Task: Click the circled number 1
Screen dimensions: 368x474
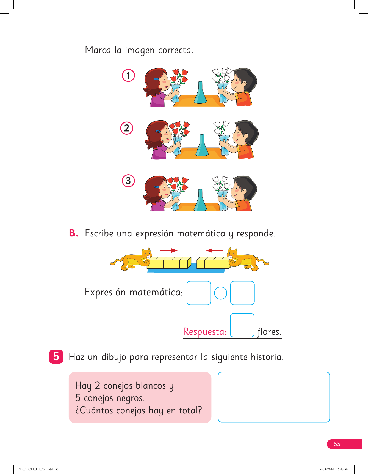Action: click(128, 75)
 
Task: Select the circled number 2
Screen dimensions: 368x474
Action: click(127, 128)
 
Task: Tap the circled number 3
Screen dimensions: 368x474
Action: click(128, 181)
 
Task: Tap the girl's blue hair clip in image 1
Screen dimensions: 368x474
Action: click(156, 79)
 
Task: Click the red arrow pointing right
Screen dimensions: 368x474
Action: click(169, 250)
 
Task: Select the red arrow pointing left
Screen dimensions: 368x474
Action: click(215, 250)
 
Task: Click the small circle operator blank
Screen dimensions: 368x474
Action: click(220, 293)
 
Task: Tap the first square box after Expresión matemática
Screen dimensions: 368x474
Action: click(199, 293)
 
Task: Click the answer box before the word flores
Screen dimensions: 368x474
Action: click(242, 325)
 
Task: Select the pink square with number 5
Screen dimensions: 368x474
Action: click(56, 356)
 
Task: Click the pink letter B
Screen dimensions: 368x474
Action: click(73, 233)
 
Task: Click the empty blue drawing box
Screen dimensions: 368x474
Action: click(274, 397)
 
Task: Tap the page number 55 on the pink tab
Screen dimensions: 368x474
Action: click(337, 444)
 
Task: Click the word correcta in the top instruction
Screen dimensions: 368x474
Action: click(176, 50)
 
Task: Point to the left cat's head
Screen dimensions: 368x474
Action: click(146, 254)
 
